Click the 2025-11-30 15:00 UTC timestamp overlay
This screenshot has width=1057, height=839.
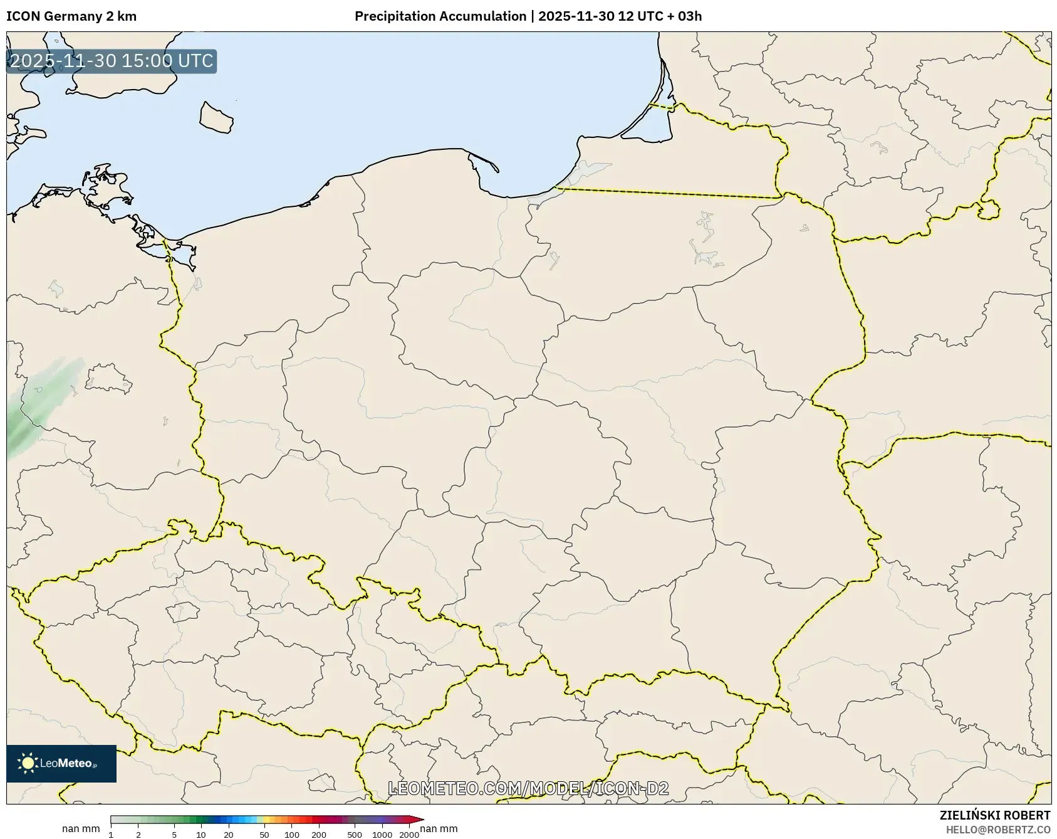pyautogui.click(x=112, y=61)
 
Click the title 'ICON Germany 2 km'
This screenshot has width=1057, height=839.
pyautogui.click(x=71, y=16)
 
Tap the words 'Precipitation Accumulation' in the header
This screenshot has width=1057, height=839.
pyautogui.click(x=440, y=16)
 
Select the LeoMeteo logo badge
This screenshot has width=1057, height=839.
pyautogui.click(x=61, y=763)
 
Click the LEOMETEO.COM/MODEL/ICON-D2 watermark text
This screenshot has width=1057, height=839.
pyautogui.click(x=528, y=788)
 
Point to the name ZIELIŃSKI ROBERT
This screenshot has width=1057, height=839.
pyautogui.click(x=995, y=815)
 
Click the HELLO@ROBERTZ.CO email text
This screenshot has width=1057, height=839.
pyautogui.click(x=998, y=830)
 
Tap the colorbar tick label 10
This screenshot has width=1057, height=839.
pyautogui.click(x=200, y=835)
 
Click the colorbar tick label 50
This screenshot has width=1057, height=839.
pyautogui.click(x=264, y=835)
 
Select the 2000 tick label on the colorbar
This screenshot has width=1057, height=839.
pyautogui.click(x=409, y=835)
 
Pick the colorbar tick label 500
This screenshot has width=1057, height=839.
pyautogui.click(x=355, y=835)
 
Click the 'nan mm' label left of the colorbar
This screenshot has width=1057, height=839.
pyautogui.click(x=81, y=829)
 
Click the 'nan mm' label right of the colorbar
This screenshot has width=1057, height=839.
pyautogui.click(x=439, y=829)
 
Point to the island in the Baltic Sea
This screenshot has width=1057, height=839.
pyautogui.click(x=216, y=118)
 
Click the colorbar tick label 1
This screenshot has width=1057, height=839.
pyautogui.click(x=111, y=835)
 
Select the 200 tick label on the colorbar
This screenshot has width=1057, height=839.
pyautogui.click(x=319, y=835)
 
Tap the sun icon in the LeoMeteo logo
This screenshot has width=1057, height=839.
pyautogui.click(x=28, y=763)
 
